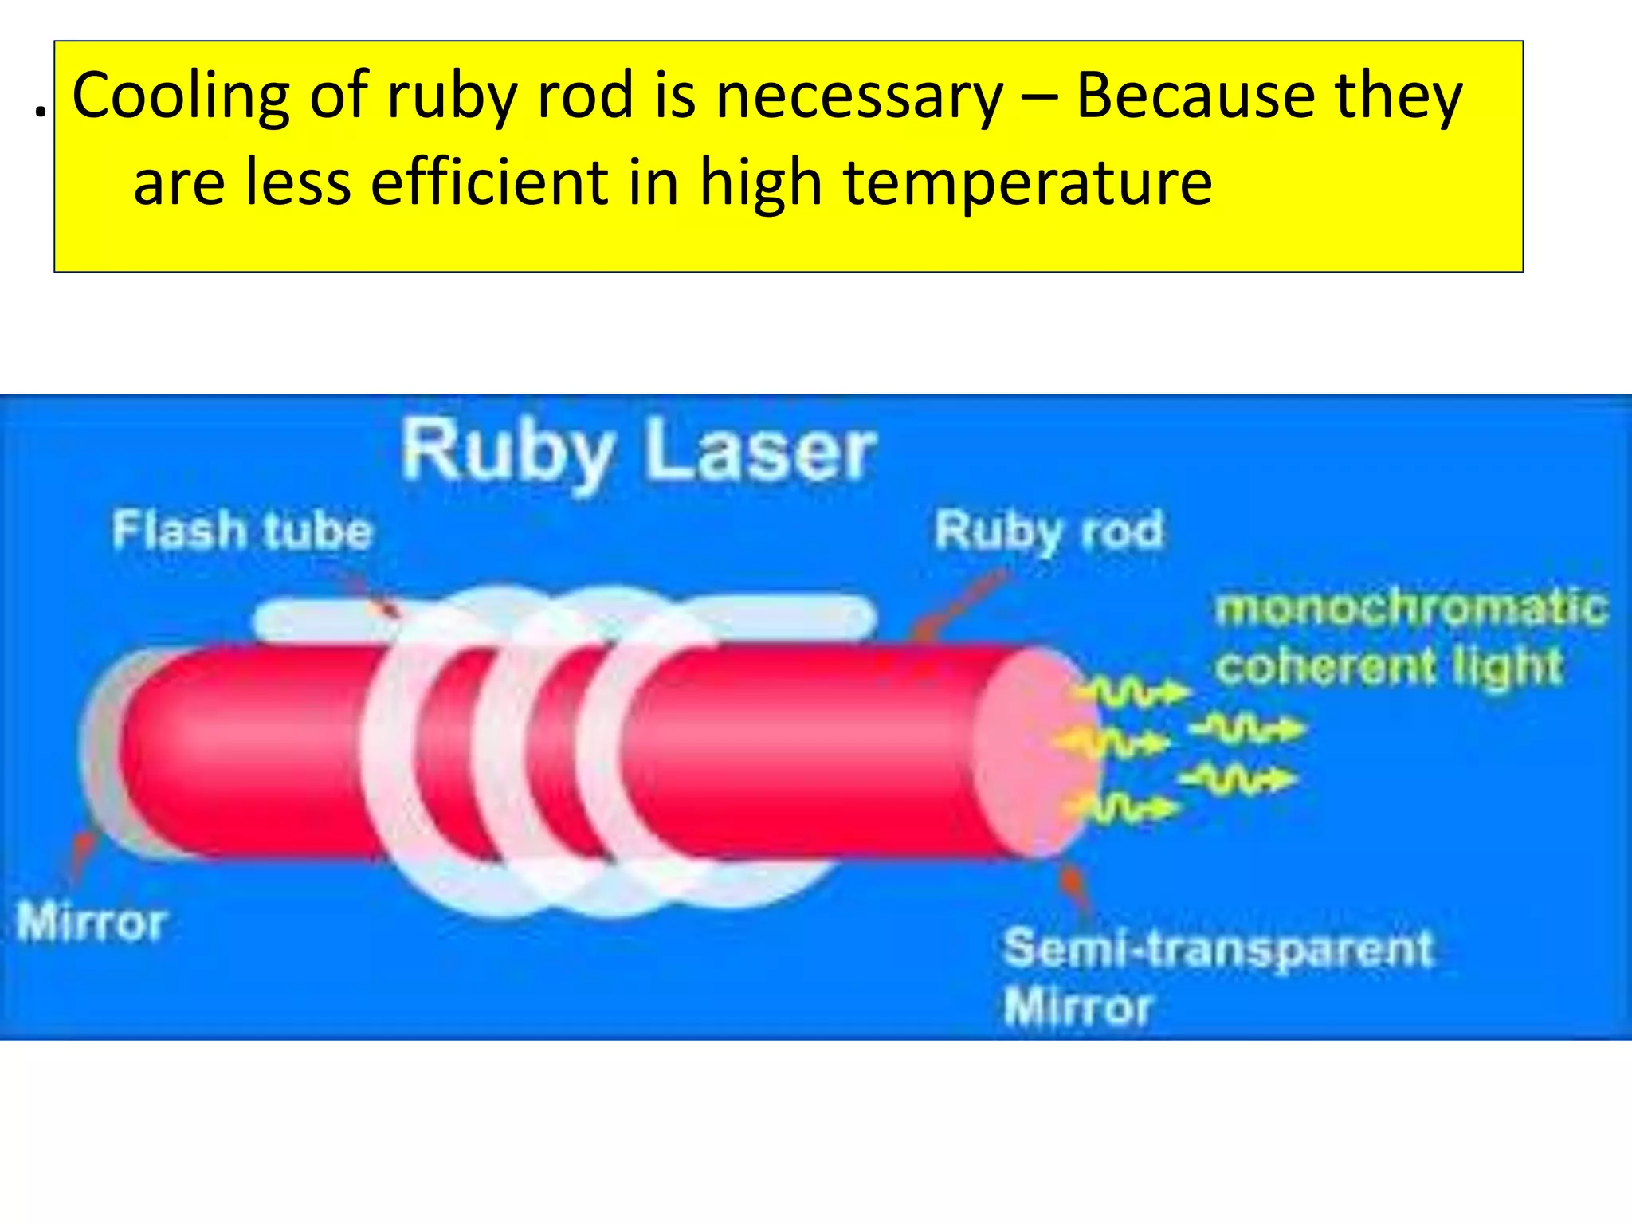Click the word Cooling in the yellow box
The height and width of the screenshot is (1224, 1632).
tap(181, 96)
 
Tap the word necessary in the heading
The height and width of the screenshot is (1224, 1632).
tap(859, 96)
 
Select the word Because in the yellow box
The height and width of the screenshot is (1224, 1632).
tap(1195, 96)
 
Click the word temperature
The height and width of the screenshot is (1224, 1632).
tap(1028, 182)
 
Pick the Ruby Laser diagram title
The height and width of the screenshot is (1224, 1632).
tap(637, 453)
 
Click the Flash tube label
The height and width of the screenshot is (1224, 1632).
tap(241, 531)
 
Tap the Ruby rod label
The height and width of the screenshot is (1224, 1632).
tap(1048, 531)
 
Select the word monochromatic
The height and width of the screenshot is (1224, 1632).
tap(1410, 607)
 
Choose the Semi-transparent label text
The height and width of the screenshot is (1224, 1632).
tap(1218, 948)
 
